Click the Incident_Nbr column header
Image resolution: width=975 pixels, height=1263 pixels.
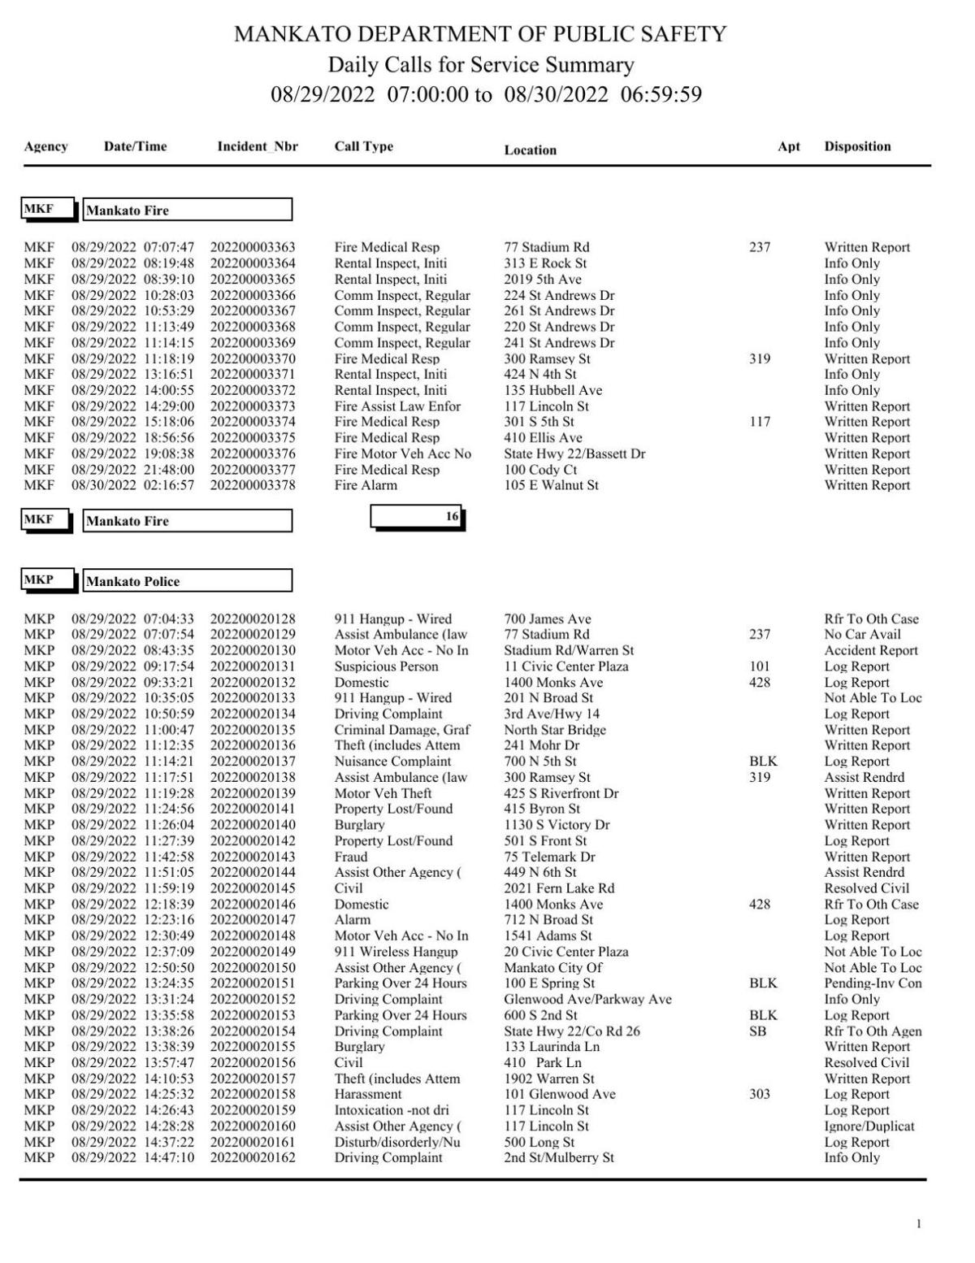257,147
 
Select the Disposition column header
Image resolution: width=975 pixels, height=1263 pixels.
857,147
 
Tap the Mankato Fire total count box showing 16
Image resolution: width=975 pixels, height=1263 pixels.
417,516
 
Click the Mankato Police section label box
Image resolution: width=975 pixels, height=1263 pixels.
188,581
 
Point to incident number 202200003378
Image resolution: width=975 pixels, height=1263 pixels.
253,485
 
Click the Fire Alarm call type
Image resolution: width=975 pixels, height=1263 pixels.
366,485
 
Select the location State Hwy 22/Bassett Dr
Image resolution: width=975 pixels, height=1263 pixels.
574,454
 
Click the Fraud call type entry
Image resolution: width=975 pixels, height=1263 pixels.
351,857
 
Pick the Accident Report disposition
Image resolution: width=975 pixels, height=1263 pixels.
871,650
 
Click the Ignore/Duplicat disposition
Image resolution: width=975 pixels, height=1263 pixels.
869,1126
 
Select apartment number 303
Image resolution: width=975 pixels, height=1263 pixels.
760,1094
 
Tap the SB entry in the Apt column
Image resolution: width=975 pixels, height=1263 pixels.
757,1031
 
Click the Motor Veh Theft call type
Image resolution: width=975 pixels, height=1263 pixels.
383,793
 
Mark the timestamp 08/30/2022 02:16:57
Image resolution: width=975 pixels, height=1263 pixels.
133,485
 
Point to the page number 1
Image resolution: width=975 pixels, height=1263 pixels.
919,1224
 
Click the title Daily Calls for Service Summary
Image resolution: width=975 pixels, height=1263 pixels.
480,65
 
